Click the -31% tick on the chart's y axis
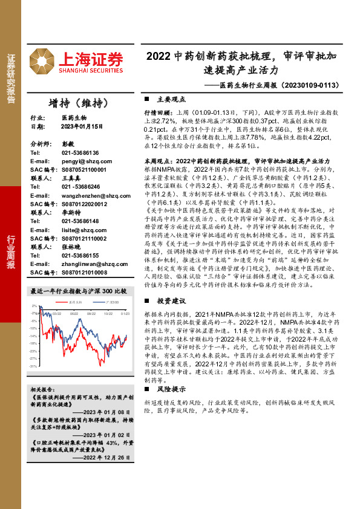tap(34, 366)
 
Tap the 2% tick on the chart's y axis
tap(35, 306)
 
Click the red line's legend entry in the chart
tap(72, 300)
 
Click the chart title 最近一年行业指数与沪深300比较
tap(79, 291)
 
